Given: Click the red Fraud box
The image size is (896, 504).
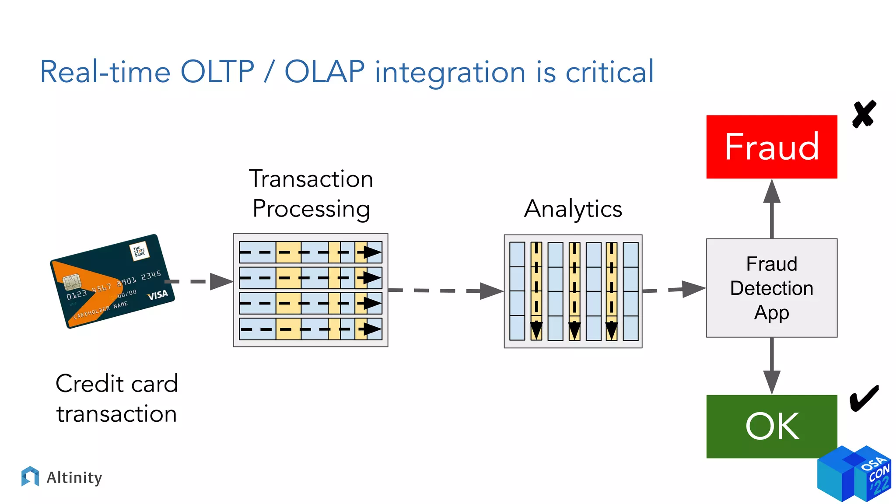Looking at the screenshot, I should pyautogui.click(x=771, y=147).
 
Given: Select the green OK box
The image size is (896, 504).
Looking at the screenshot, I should pyautogui.click(x=771, y=426).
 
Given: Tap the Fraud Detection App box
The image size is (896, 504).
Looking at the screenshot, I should pyautogui.click(x=771, y=288).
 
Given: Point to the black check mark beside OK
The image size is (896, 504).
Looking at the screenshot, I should pyautogui.click(x=864, y=398).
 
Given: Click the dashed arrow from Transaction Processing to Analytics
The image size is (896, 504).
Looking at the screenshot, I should pyautogui.click(x=446, y=290).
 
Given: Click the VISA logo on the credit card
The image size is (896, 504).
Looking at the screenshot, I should pyautogui.click(x=158, y=295).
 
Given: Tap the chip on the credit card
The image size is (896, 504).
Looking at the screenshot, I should pyautogui.click(x=71, y=282).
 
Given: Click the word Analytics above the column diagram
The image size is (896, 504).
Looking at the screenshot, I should pyautogui.click(x=573, y=209).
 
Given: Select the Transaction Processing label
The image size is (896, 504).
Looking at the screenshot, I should pyautogui.click(x=311, y=193).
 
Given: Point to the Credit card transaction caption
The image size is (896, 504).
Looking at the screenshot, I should pyautogui.click(x=116, y=398).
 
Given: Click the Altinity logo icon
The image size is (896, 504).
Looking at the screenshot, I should pyautogui.click(x=30, y=476).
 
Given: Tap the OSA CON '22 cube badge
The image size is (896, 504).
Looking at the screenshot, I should pyautogui.click(x=854, y=474).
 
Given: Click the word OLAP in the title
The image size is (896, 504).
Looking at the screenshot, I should pyautogui.click(x=325, y=72).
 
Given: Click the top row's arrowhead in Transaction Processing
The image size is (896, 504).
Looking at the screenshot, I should pyautogui.click(x=372, y=252).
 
